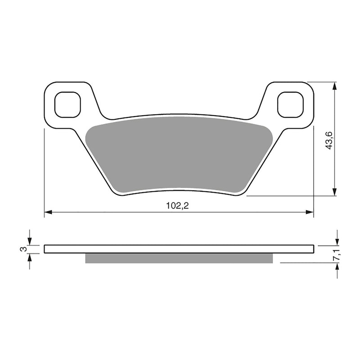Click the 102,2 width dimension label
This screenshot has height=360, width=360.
point(177,206)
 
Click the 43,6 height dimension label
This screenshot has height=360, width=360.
point(329,140)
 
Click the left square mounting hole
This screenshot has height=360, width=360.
point(67,104)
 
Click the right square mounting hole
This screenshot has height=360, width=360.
point(290,104)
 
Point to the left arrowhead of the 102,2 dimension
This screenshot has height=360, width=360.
point(47,211)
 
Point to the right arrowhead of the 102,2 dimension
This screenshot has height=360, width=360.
point(310,211)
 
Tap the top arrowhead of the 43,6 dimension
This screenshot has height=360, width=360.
point(334,85)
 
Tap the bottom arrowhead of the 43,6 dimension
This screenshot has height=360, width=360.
point(334,193)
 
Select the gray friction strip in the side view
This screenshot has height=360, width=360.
point(179,258)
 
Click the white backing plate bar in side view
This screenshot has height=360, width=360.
point(179,249)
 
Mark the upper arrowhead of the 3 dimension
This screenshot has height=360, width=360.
point(30,241)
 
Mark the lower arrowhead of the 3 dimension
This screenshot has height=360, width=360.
point(30,257)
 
